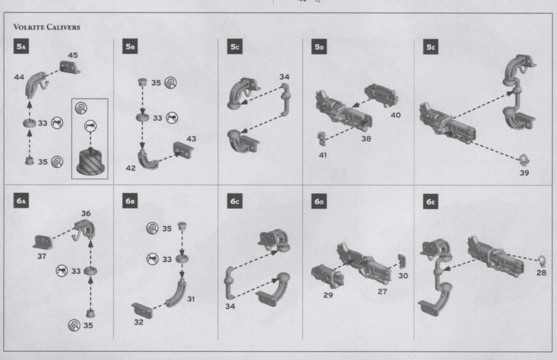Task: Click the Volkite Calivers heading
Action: click(x=47, y=27)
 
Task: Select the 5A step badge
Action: click(x=21, y=47)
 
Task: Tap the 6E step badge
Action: click(x=430, y=202)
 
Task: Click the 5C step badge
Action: click(x=235, y=47)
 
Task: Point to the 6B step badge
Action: click(x=130, y=201)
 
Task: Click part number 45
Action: click(x=73, y=55)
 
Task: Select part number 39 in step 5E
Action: click(x=525, y=173)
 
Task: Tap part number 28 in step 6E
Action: click(x=541, y=273)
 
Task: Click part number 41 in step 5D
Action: click(x=323, y=155)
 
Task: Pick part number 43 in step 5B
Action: click(x=191, y=139)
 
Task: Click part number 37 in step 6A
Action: click(x=42, y=256)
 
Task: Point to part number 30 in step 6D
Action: click(x=403, y=276)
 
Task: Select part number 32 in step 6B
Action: click(x=139, y=322)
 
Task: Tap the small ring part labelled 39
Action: click(x=524, y=160)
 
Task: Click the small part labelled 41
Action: click(x=322, y=138)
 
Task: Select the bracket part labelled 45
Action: click(x=70, y=67)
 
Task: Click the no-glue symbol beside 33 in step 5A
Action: click(x=57, y=123)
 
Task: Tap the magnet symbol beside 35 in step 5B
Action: click(x=170, y=83)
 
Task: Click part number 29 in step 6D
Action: click(x=328, y=295)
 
